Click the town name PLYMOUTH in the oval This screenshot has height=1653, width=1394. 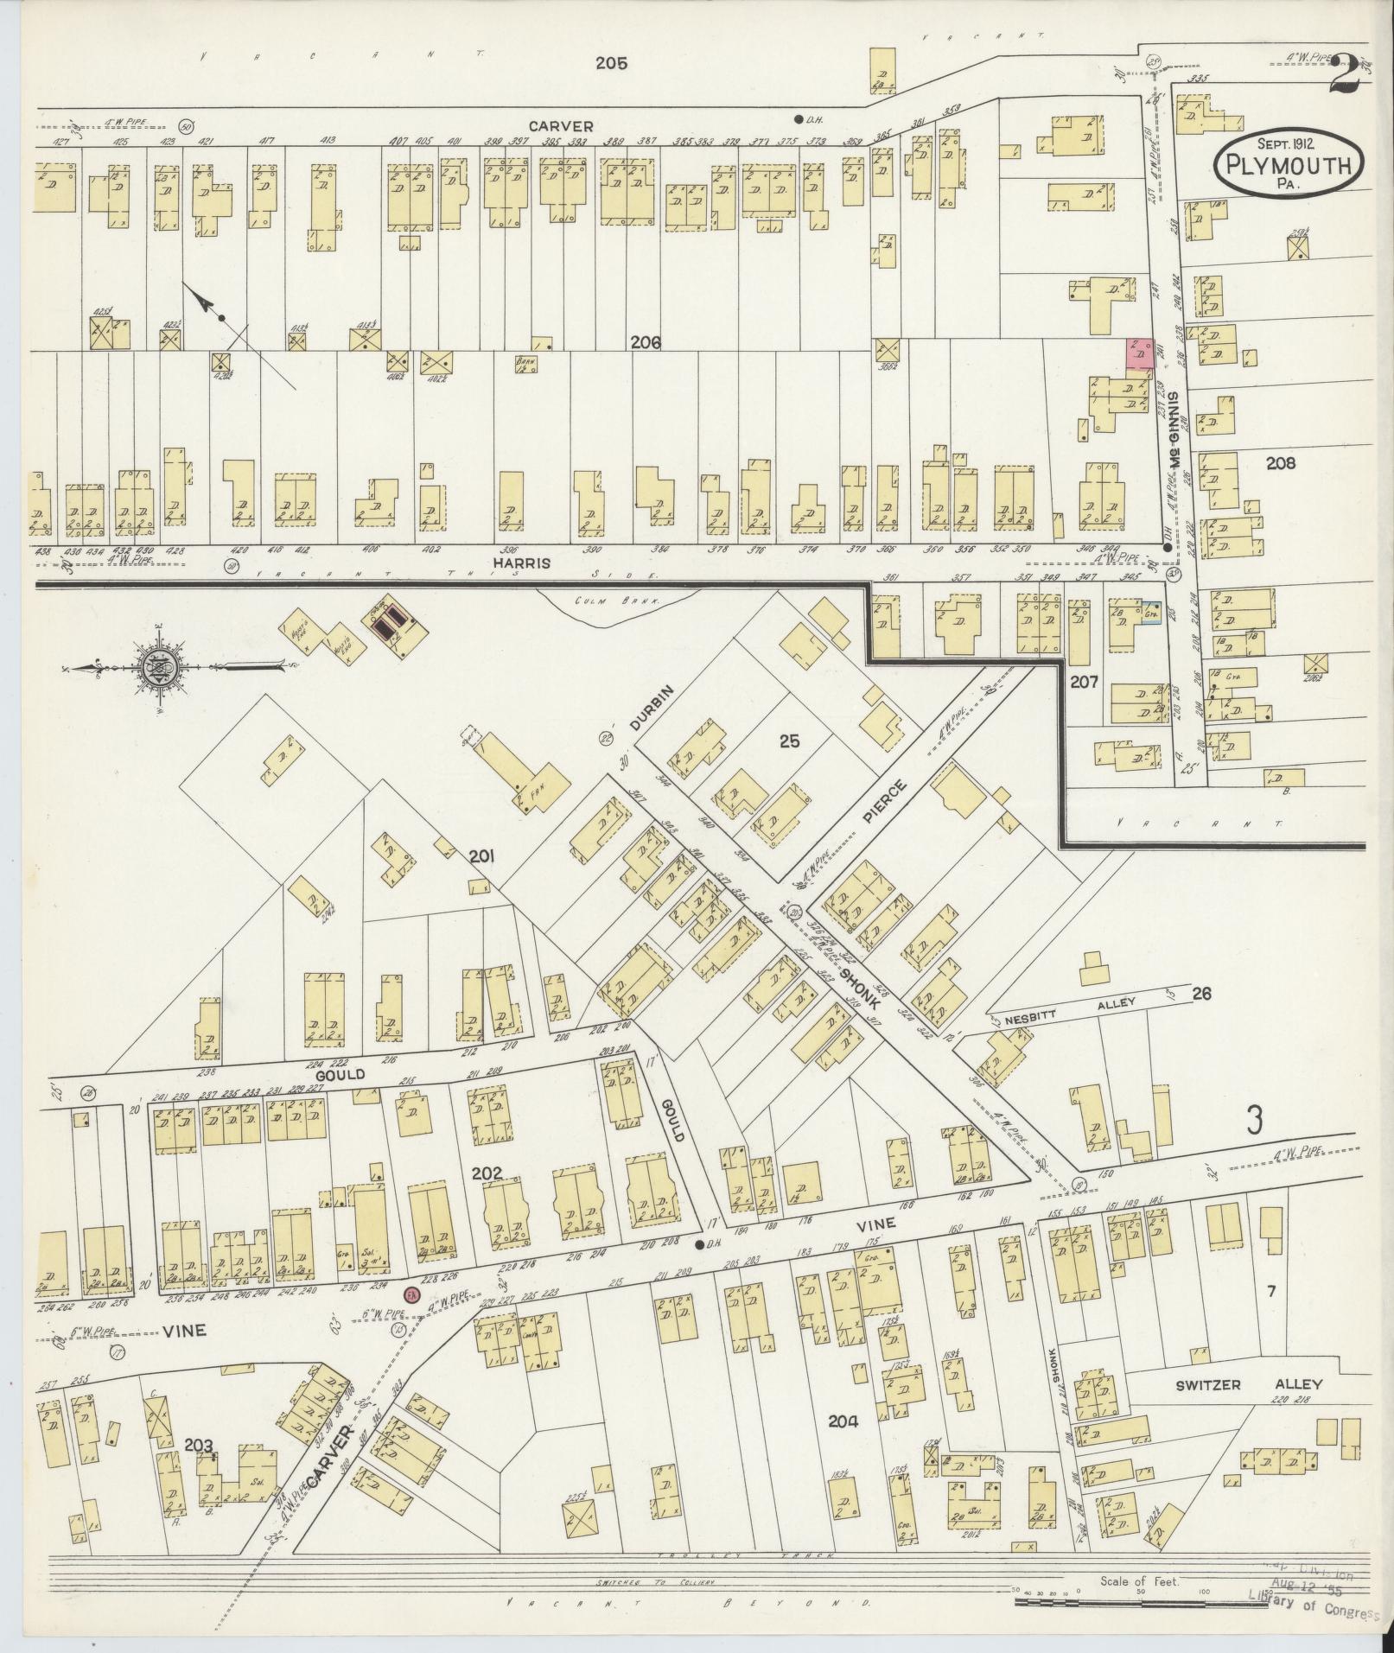point(1289,164)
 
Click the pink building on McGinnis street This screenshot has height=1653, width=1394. point(1139,353)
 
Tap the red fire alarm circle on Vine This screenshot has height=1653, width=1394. point(412,1319)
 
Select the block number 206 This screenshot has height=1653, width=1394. point(646,342)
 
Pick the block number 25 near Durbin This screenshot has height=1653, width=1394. point(790,741)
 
